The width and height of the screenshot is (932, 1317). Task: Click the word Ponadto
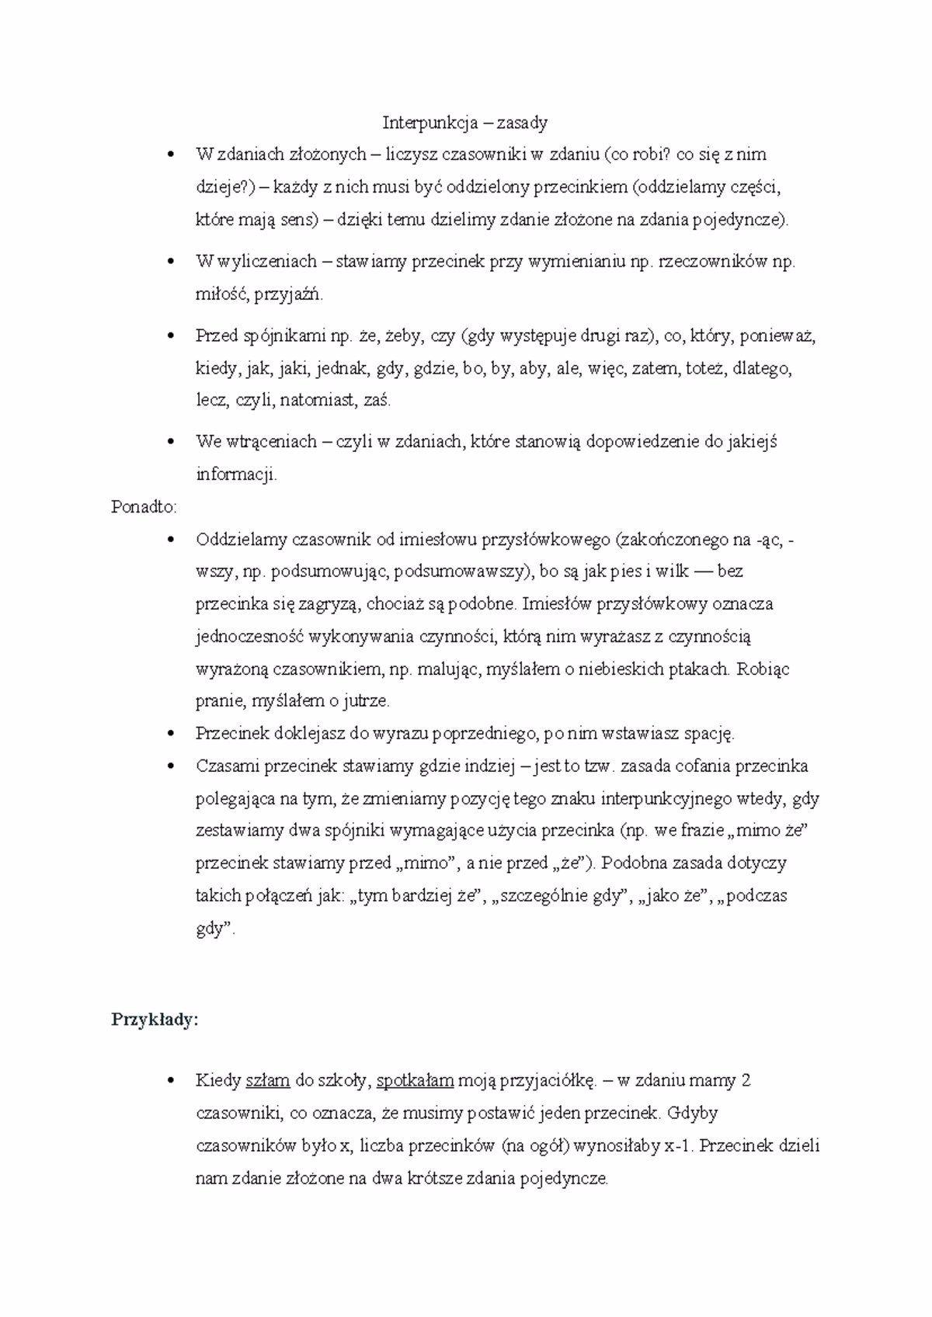[x=144, y=507]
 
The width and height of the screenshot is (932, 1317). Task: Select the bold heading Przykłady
[x=155, y=1020]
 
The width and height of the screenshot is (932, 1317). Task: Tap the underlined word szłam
[x=267, y=1080]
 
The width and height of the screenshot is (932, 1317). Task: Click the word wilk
[x=673, y=572]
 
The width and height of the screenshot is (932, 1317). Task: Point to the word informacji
[x=235, y=474]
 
